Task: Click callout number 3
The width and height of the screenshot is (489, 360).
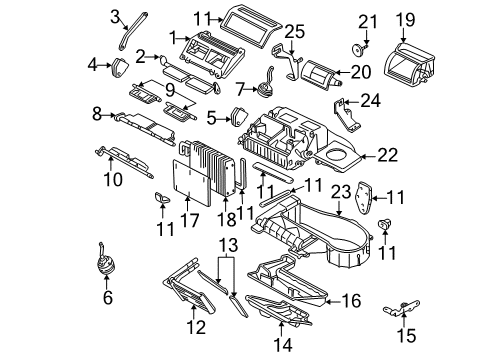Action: (115, 14)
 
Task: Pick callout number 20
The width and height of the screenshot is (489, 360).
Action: (360, 71)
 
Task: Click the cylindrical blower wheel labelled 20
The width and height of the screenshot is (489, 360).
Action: (319, 72)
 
